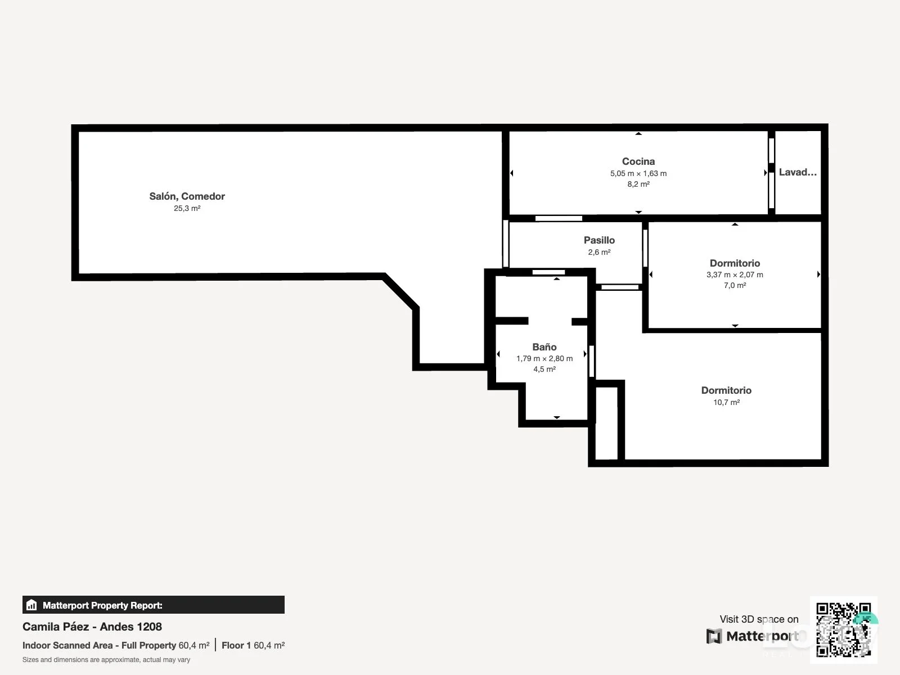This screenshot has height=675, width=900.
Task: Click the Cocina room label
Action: (x=638, y=161)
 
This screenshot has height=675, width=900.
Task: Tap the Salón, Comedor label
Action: (x=187, y=196)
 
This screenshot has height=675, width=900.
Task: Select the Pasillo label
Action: (x=599, y=240)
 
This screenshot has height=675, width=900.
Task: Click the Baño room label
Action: (x=544, y=346)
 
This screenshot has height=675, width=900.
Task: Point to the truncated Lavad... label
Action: (x=798, y=172)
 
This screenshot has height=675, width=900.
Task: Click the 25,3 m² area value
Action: (x=187, y=208)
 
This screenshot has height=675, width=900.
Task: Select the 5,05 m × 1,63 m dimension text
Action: (x=638, y=173)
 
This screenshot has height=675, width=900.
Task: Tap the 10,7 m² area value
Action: (x=726, y=402)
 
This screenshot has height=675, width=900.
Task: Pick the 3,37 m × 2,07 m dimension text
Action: (x=735, y=274)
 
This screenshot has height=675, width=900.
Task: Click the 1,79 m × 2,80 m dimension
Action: (x=544, y=359)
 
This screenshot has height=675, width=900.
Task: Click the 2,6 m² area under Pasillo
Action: (x=599, y=252)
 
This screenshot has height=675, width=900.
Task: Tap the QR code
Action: (x=843, y=630)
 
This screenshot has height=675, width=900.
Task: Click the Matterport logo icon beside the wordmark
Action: (x=714, y=636)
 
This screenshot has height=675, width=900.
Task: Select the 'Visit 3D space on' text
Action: (x=759, y=619)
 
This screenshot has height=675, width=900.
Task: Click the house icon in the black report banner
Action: (x=31, y=605)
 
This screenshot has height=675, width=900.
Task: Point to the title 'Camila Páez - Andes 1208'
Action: (x=92, y=627)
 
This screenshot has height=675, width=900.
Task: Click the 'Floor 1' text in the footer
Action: (x=236, y=646)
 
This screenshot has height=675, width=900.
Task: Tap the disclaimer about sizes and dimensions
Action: (x=106, y=660)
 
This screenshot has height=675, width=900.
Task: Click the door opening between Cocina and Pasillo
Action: (x=559, y=218)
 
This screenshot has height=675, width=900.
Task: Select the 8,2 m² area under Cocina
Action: (x=638, y=184)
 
